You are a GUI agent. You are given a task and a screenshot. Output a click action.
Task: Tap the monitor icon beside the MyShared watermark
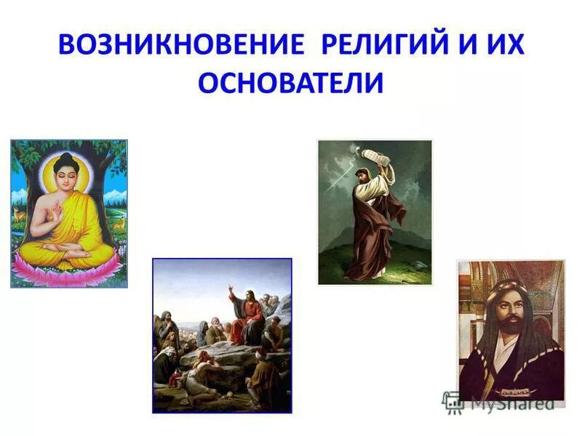coord(453,400)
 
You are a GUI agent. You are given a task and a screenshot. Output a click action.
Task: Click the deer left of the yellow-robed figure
coord(20,213)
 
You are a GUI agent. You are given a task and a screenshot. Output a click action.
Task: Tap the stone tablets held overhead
coord(377,155)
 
